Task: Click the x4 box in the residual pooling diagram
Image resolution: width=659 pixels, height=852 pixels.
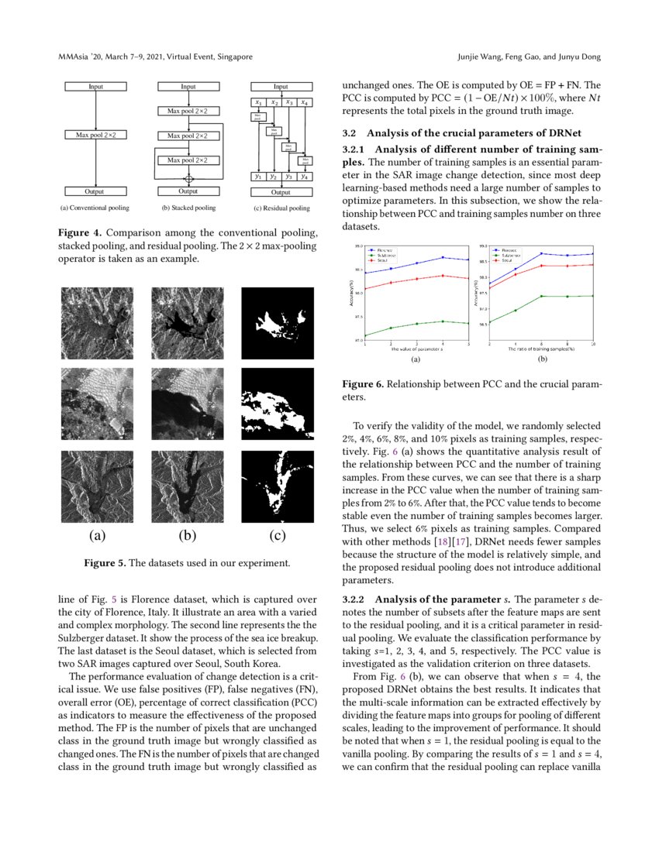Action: (305, 102)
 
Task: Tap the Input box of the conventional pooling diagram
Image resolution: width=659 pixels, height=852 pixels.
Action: (95, 87)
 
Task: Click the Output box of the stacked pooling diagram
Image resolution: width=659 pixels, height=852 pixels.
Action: (188, 191)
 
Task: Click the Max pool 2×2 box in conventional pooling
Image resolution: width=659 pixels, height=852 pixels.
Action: (95, 136)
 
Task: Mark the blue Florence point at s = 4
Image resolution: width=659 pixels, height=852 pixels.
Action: (443, 257)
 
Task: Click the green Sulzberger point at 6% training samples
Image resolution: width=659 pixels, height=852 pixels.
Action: (542, 296)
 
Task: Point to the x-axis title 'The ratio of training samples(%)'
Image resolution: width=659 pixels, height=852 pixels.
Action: (541, 349)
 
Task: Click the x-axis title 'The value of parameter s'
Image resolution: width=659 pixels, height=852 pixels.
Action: (416, 349)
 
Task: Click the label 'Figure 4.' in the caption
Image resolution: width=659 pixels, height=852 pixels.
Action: (80, 233)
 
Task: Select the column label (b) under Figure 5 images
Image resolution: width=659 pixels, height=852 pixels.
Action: (188, 535)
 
